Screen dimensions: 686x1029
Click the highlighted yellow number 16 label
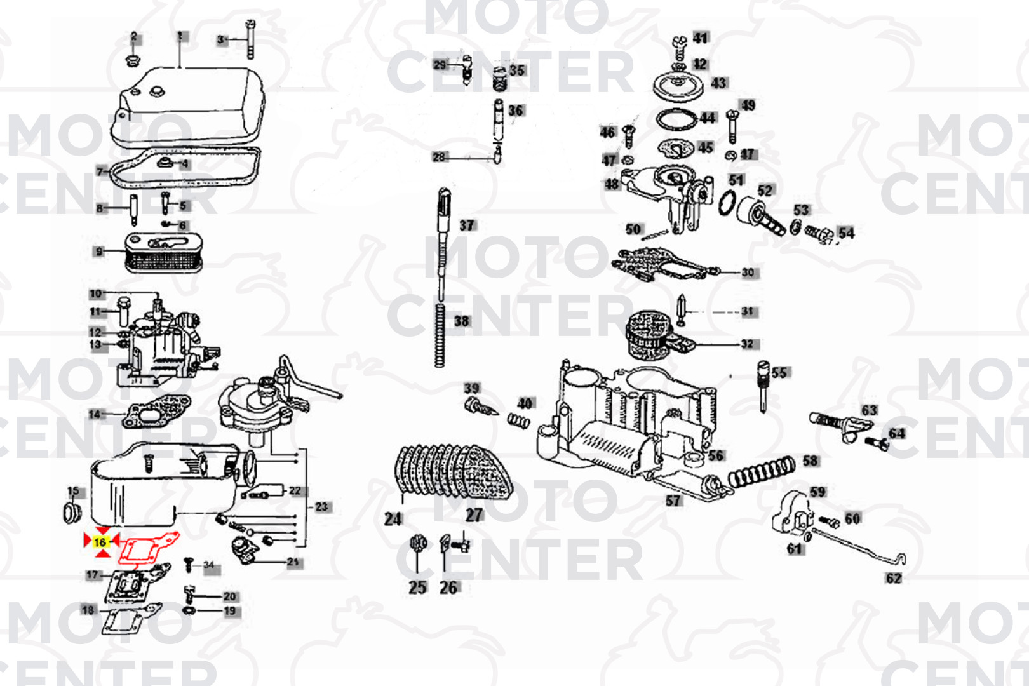pos(100,542)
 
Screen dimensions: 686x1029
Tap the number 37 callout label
pos(467,225)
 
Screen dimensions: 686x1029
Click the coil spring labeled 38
pos(440,334)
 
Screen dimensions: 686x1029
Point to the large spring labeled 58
pos(761,473)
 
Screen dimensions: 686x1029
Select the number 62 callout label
pos(893,578)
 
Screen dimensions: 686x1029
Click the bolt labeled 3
pos(250,39)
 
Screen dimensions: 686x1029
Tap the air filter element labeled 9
pos(163,253)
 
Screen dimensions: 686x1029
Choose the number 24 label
pos(393,519)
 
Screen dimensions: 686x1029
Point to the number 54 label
pos(846,233)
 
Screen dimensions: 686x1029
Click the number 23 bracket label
pos(322,507)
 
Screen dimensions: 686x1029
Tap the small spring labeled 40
pos(518,420)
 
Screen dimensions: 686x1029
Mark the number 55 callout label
pos(779,372)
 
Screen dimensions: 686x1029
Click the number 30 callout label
pos(748,272)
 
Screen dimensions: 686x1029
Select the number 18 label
pos(88,610)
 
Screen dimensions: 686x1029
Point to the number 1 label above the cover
pos(180,36)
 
